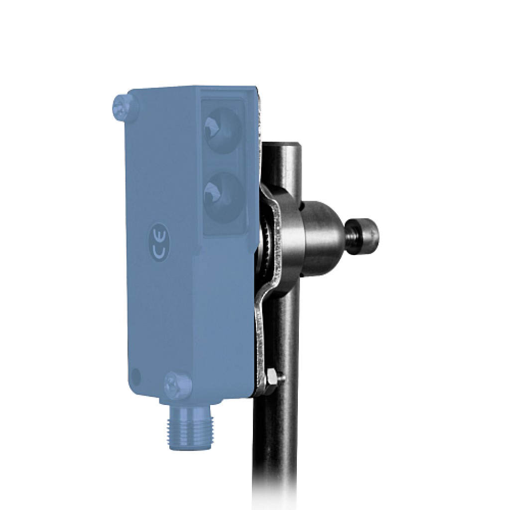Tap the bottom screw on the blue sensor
click(x=177, y=384)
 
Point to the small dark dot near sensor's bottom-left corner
click(x=136, y=376)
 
